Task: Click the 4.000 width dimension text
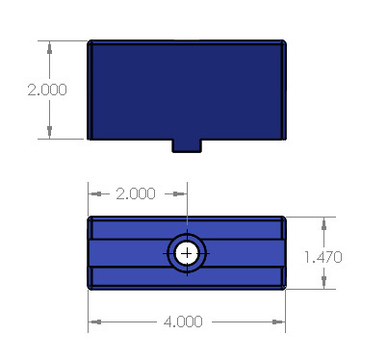(183, 321)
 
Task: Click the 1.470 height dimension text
(323, 257)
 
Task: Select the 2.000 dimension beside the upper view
(47, 90)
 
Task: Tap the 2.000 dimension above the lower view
(136, 193)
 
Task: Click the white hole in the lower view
(187, 254)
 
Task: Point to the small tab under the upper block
(187, 145)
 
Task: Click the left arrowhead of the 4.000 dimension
(95, 321)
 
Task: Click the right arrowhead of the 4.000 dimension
(278, 321)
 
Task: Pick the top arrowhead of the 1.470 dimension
(323, 223)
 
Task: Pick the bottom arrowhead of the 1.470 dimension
(323, 282)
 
